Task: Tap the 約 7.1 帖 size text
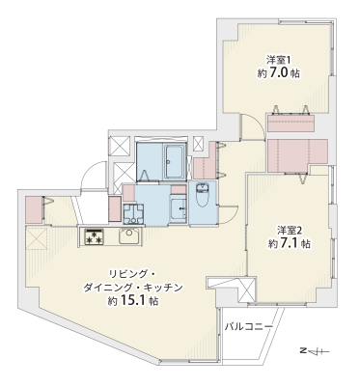pyautogui.click(x=290, y=243)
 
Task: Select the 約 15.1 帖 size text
pyautogui.click(x=133, y=301)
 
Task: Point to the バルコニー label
pyautogui.click(x=249, y=327)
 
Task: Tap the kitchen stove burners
pyautogui.click(x=94, y=237)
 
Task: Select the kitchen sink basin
pyautogui.click(x=129, y=237)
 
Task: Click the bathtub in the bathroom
pyautogui.click(x=176, y=161)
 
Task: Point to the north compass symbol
pyautogui.click(x=316, y=350)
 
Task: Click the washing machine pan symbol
pyautogui.click(x=133, y=213)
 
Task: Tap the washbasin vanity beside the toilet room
pyautogui.click(x=178, y=208)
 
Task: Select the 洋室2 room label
pyautogui.click(x=290, y=231)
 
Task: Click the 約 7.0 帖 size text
pyautogui.click(x=279, y=73)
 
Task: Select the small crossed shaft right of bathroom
pyautogui.click(x=199, y=144)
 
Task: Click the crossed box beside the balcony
pyautogui.click(x=247, y=290)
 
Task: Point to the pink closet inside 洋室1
pyautogui.click(x=291, y=123)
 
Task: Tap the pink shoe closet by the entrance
pyautogui.click(x=34, y=209)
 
